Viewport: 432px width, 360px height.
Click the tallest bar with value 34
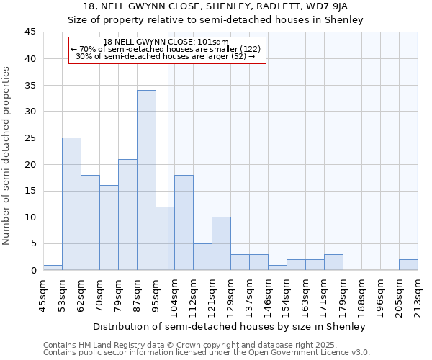tap(146, 180)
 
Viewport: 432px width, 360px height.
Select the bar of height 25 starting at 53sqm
tap(71, 204)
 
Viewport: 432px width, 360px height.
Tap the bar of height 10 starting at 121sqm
tap(221, 243)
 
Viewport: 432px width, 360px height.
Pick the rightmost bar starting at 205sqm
tap(408, 265)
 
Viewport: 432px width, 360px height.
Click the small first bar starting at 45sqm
tap(53, 268)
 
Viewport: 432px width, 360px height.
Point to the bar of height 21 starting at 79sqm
tap(127, 215)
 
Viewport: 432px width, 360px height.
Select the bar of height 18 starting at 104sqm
tap(184, 222)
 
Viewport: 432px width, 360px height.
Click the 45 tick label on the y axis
tap(30, 32)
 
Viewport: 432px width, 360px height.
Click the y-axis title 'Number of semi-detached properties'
tap(7, 156)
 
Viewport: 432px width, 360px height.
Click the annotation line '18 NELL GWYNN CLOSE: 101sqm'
tap(166, 42)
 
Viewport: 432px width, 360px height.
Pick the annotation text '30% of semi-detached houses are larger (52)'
tap(166, 56)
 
